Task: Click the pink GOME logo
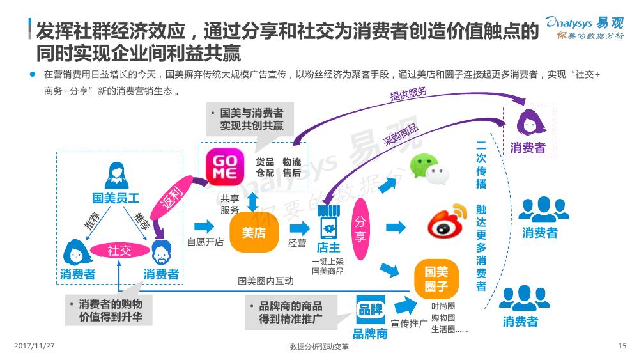pos(225,167)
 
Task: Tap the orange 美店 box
pos(254,232)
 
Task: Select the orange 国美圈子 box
pos(436,279)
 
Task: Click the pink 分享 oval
pos(360,229)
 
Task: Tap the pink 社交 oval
pos(120,250)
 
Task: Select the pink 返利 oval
pos(172,198)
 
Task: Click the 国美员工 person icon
pos(116,176)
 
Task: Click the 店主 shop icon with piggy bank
pos(328,222)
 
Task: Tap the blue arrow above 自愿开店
pos(204,227)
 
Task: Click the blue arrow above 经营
pos(300,229)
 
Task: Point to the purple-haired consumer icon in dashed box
pos(530,121)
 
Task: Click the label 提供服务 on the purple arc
pos(408,94)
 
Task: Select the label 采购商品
pos(401,134)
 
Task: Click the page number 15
pos(622,346)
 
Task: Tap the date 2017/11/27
pos(35,346)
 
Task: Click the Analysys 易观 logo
pos(585,27)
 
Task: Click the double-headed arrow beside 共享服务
pos(252,202)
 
